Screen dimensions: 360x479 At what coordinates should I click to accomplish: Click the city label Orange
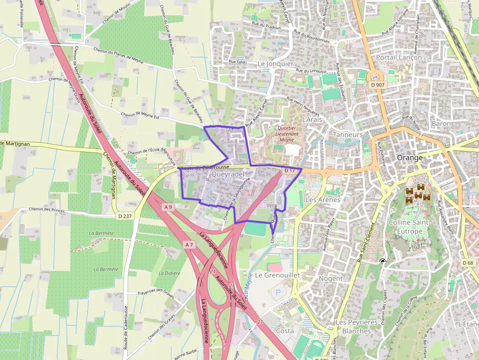[410, 158]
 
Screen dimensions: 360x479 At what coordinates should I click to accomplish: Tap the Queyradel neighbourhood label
[228, 174]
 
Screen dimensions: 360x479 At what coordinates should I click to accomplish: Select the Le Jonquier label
[275, 64]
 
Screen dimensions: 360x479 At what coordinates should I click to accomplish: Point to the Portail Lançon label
[399, 57]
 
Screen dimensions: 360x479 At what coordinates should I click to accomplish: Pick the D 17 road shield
[290, 171]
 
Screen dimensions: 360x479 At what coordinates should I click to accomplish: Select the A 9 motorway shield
[168, 207]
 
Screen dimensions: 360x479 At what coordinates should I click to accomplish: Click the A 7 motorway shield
[190, 244]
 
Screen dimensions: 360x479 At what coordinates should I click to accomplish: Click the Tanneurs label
[348, 134]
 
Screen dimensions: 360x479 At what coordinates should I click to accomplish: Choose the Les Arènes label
[322, 199]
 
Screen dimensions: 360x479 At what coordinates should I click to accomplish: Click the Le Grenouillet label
[277, 275]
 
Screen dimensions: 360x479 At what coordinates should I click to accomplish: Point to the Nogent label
[330, 278]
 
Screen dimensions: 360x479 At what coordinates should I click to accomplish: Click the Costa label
[285, 331]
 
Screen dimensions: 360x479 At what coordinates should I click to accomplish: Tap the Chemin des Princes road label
[47, 210]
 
